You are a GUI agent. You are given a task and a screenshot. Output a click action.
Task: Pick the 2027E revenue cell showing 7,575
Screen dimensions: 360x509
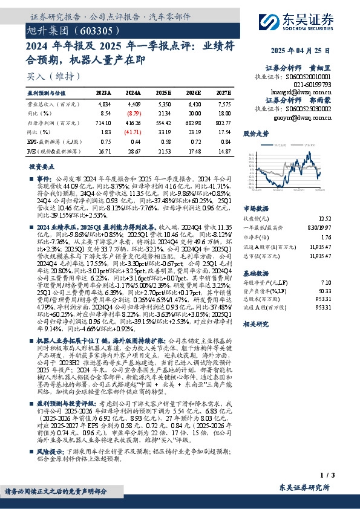(224, 105)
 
